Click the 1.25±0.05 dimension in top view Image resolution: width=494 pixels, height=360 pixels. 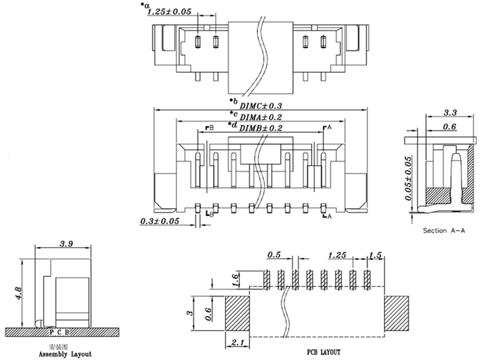(169, 13)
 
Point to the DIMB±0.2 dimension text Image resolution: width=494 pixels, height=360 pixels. (261, 128)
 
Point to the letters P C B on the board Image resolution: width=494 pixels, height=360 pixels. (61, 330)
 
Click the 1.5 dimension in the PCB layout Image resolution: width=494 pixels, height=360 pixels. (375, 255)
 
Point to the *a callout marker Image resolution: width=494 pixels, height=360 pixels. (145, 6)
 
